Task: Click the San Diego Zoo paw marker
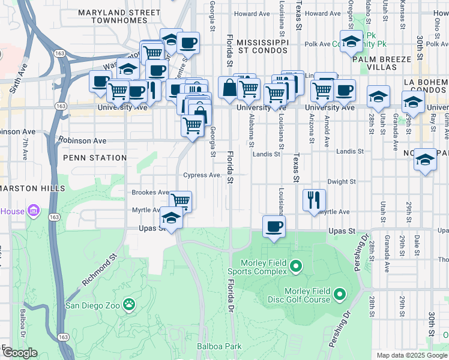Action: pyautogui.click(x=129, y=304)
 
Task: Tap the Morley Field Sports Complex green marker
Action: pyautogui.click(x=295, y=265)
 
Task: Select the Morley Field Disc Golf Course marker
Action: pyautogui.click(x=340, y=294)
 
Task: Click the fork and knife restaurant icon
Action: pyautogui.click(x=315, y=200)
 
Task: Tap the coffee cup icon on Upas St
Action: pyautogui.click(x=274, y=227)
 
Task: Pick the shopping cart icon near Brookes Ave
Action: pyautogui.click(x=180, y=201)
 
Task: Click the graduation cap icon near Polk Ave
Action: pyautogui.click(x=351, y=40)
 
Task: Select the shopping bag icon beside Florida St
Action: pyautogui.click(x=229, y=88)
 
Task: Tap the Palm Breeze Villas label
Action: pyautogui.click(x=382, y=59)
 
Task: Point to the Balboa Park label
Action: pyautogui.click(x=218, y=346)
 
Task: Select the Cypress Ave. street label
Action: pyautogui.click(x=203, y=175)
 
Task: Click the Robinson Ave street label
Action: pyautogui.click(x=82, y=141)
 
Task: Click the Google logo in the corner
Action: pyautogui.click(x=19, y=353)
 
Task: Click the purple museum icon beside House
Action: pyautogui.click(x=34, y=211)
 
